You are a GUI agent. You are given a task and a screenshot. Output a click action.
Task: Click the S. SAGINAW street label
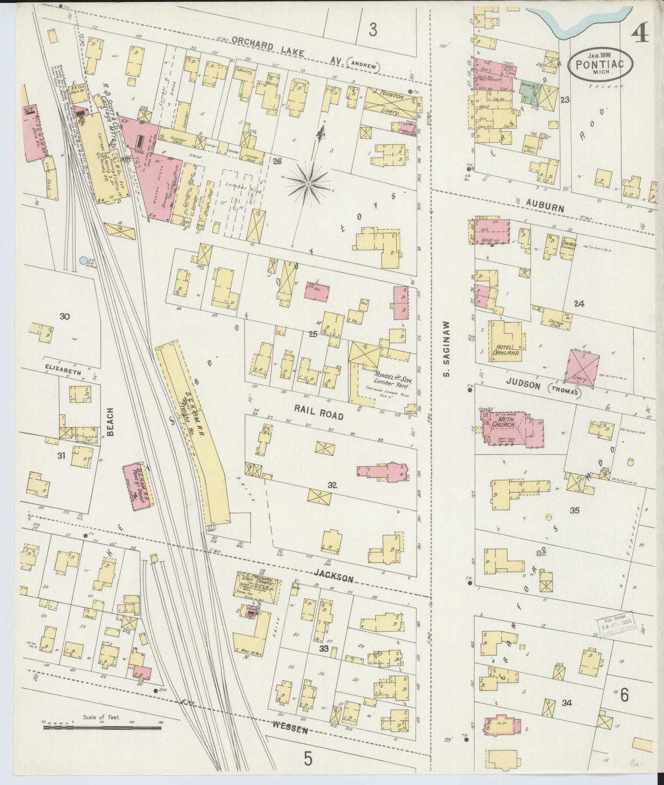pos(446,349)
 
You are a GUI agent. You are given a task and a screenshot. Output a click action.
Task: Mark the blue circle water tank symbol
pos(83,261)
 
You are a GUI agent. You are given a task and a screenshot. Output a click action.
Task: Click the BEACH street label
pos(112,422)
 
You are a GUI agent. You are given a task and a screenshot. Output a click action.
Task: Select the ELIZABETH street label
pos(63,372)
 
